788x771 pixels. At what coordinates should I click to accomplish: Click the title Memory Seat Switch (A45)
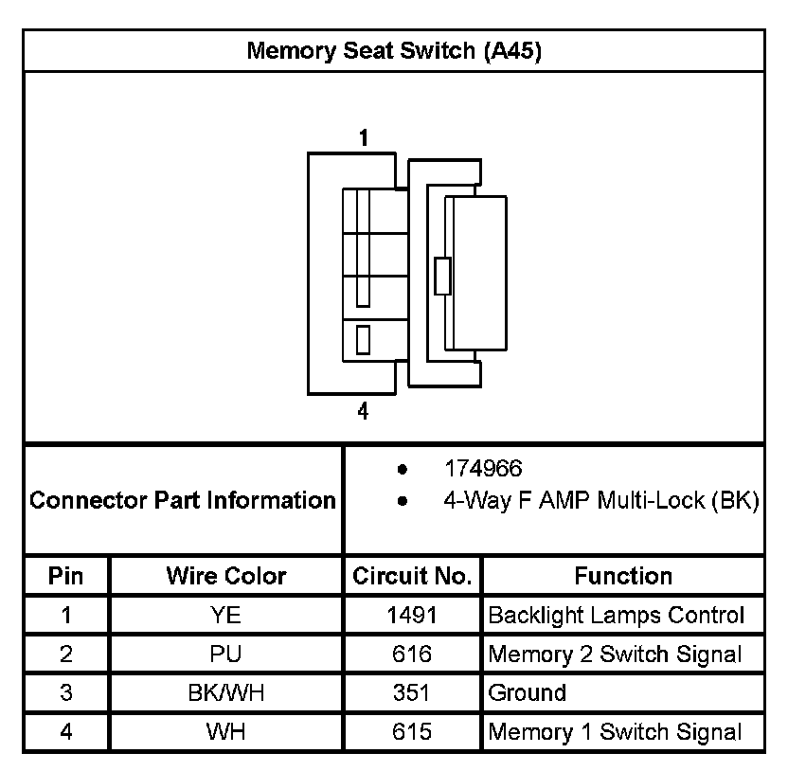(x=394, y=51)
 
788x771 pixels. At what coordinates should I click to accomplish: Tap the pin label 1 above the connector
(x=363, y=138)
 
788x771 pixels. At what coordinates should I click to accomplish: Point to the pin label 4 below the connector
(x=363, y=412)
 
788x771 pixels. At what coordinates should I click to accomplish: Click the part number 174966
(x=483, y=468)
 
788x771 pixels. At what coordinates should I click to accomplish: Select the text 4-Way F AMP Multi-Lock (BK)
(x=600, y=501)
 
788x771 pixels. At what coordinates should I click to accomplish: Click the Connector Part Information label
(x=183, y=500)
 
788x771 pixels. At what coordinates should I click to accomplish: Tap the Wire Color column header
(x=226, y=576)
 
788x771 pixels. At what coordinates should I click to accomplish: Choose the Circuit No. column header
(x=412, y=576)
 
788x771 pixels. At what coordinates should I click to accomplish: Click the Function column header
(x=623, y=576)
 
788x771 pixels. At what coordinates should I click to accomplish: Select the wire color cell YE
(x=226, y=616)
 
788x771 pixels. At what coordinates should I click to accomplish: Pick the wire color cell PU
(x=226, y=654)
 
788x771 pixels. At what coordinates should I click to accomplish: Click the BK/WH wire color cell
(x=226, y=693)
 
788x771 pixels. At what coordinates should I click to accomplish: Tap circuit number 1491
(x=412, y=616)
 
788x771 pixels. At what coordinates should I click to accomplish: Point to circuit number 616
(x=412, y=654)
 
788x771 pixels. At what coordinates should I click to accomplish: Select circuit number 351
(x=412, y=693)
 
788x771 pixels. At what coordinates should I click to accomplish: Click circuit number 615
(x=412, y=732)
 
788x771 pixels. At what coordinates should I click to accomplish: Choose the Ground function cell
(x=527, y=693)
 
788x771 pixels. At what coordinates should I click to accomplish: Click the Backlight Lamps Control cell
(x=616, y=616)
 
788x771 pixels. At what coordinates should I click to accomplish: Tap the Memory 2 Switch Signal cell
(x=615, y=654)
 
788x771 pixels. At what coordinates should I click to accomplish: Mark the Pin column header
(x=66, y=576)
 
